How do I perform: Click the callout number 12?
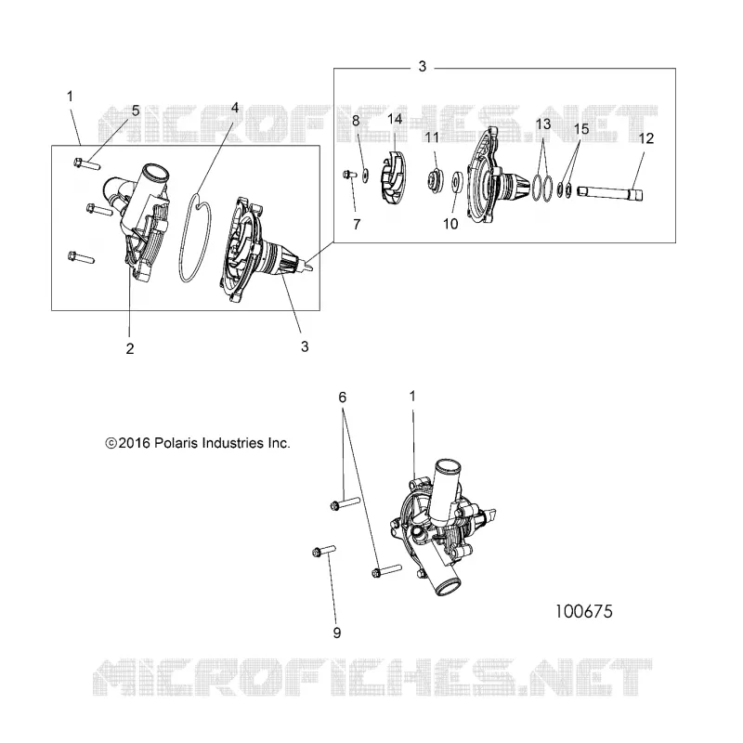(645, 138)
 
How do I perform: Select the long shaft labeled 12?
(609, 193)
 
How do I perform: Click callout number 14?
(395, 119)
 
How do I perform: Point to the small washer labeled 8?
(366, 176)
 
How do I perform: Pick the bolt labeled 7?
(349, 175)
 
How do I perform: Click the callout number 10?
(450, 224)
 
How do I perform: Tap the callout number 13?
(543, 124)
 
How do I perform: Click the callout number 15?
(581, 129)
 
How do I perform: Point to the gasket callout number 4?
(235, 108)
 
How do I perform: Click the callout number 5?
(136, 111)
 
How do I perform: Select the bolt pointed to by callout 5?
(86, 164)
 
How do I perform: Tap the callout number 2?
(130, 348)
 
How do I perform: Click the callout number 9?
(337, 632)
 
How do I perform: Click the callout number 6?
(342, 398)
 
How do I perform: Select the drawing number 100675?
(584, 611)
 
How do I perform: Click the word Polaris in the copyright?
(176, 443)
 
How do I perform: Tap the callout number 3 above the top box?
(423, 67)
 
